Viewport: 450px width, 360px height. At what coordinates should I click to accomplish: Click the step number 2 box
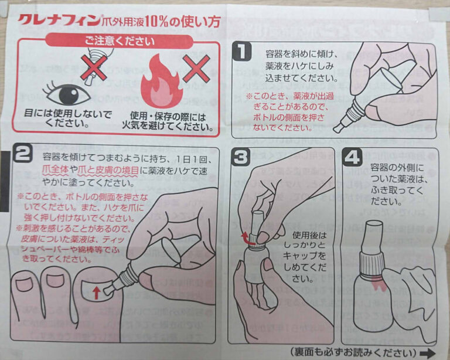[x=22, y=155]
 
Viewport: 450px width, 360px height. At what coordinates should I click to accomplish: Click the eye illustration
[x=66, y=94]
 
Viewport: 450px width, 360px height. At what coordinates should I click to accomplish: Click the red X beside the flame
[x=197, y=69]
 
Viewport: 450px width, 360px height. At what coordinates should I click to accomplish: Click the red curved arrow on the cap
[x=246, y=236]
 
